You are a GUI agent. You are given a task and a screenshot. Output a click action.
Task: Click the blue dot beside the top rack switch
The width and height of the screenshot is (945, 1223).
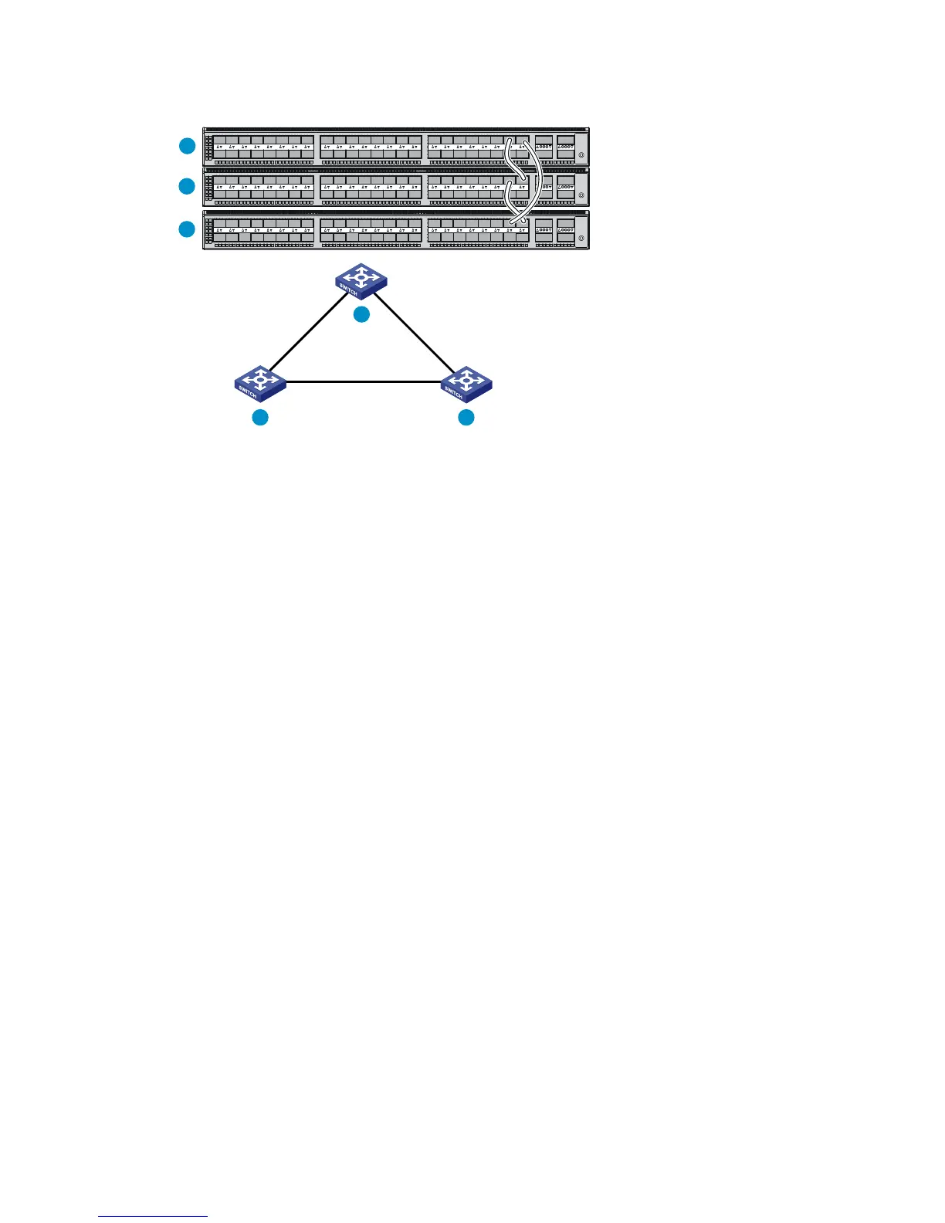[187, 145]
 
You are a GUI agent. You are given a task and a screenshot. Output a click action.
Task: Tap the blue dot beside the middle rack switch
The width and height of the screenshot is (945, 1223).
[187, 186]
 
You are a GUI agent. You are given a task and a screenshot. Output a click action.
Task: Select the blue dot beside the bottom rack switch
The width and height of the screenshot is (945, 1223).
[187, 229]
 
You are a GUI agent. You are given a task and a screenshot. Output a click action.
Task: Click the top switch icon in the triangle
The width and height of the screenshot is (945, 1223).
[361, 281]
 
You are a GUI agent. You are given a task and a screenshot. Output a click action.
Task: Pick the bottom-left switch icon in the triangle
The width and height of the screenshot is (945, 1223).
[260, 384]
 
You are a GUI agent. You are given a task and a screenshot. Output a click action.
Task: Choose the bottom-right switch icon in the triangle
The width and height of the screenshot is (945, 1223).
[466, 384]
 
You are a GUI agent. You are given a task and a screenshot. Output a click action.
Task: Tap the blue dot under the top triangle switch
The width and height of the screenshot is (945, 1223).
[361, 314]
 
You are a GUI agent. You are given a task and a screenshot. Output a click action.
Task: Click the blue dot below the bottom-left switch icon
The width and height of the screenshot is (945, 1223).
[260, 418]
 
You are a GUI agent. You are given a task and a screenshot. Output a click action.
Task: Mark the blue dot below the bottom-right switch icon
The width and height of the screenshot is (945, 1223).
[466, 418]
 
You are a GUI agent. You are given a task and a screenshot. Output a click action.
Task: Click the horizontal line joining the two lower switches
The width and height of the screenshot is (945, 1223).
[363, 381]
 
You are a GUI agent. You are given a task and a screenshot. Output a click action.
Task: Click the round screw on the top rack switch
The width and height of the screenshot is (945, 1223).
[581, 155]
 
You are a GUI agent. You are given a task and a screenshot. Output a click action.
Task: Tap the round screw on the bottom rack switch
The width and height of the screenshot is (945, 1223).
[581, 239]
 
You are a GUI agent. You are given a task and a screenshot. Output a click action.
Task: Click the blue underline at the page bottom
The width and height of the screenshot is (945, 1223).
[153, 1216]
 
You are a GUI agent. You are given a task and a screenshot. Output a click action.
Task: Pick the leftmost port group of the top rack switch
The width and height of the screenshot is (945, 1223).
[263, 147]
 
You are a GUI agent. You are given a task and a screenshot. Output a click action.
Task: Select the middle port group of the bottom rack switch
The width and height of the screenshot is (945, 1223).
[371, 230]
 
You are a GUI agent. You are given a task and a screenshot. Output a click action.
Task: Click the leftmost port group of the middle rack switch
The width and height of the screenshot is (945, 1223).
[263, 188]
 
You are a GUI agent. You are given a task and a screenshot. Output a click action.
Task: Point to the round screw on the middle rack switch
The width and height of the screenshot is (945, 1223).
[581, 195]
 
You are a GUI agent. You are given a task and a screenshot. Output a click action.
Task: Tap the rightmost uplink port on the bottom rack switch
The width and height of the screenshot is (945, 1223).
[566, 230]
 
